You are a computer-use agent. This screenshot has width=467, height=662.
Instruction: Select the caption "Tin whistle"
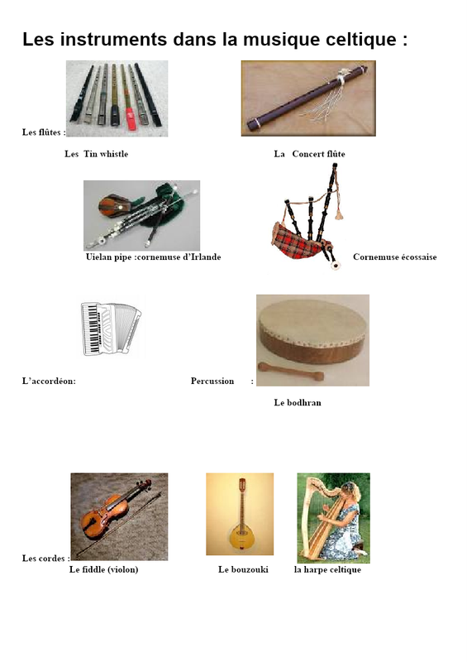pos(106,154)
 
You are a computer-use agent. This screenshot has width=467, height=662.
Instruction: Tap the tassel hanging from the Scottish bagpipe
pos(339,214)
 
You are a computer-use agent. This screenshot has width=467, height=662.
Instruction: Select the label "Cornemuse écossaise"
pos(395,257)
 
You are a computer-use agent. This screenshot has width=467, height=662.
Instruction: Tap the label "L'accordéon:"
pos(49,381)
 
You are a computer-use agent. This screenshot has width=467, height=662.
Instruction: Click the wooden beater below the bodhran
pos(291,371)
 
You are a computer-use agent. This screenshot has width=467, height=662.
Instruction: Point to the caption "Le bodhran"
pos(298,403)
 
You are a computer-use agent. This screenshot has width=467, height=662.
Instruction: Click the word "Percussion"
pos(212,381)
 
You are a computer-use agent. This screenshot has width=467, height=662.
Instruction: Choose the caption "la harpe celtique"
pos(327,570)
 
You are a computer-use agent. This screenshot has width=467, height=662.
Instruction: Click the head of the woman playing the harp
pos(351,491)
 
